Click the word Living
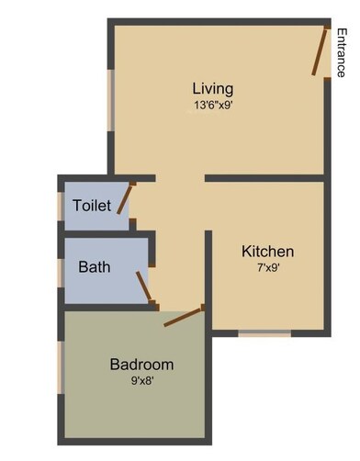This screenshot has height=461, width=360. pyautogui.click(x=212, y=89)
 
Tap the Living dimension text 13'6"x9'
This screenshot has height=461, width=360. pyautogui.click(x=212, y=105)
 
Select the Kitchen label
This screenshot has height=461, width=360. pyautogui.click(x=267, y=251)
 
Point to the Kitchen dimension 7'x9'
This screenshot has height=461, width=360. pyautogui.click(x=267, y=267)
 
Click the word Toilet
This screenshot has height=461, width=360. pyautogui.click(x=92, y=206)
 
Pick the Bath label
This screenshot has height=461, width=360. pyautogui.click(x=95, y=268)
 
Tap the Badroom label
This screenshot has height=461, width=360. pyautogui.click(x=141, y=365)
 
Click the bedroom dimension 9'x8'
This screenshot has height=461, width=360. pyautogui.click(x=141, y=380)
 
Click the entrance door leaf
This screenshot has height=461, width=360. pyautogui.click(x=318, y=51)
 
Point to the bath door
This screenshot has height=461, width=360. pyautogui.click(x=144, y=286)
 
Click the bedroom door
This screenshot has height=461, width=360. pyautogui.click(x=184, y=317)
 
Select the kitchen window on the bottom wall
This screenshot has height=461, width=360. pyautogui.click(x=264, y=332)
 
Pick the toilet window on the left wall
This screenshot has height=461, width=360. pyautogui.click(x=62, y=207)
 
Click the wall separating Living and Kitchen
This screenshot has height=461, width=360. pyautogui.click(x=264, y=176)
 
